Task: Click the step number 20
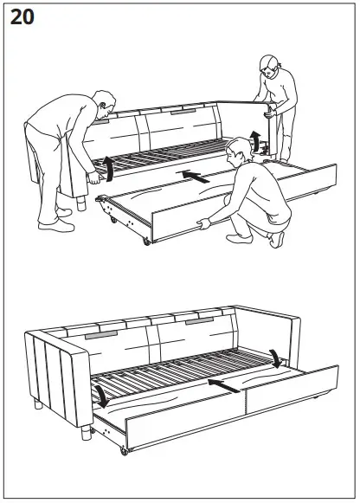tap(22, 19)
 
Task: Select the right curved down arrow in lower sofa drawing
tap(274, 357)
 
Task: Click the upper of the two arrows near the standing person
tap(256, 136)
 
